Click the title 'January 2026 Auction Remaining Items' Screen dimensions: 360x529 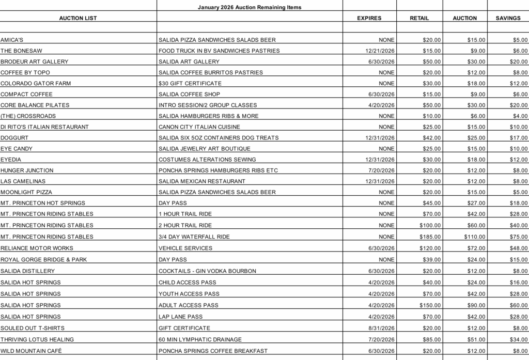coord(250,7)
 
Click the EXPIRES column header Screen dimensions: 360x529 coord(369,18)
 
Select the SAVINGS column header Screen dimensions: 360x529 coord(508,18)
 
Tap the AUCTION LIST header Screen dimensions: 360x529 coord(78,18)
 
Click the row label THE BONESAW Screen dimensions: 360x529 coord(21,51)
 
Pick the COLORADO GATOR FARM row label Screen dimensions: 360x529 coord(33,83)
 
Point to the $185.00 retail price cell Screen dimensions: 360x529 coord(430,237)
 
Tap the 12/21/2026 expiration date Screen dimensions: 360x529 coord(380,51)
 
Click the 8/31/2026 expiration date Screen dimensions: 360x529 coord(381,328)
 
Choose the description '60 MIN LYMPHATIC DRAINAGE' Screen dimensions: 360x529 coord(200,339)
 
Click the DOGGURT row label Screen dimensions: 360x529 coord(14,137)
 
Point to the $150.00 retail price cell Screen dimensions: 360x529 coord(430,305)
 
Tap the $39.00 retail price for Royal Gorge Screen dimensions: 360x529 coord(432,259)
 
